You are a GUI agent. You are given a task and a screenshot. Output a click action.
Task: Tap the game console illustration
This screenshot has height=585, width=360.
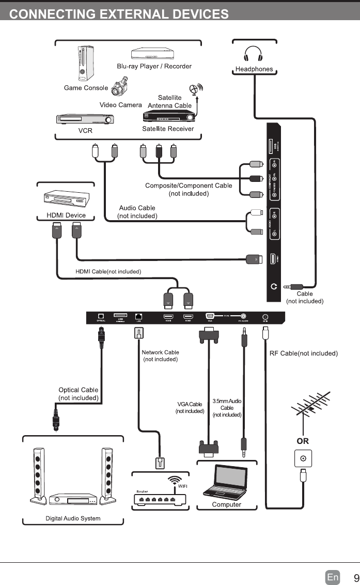(85, 63)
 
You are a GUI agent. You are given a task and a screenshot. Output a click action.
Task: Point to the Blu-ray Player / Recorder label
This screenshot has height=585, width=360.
(154, 66)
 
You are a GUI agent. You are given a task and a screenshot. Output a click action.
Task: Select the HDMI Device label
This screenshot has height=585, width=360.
(66, 215)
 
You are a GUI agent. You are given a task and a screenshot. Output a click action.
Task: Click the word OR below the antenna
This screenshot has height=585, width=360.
(303, 441)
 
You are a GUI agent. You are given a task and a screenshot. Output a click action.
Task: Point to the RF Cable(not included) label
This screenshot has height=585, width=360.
(304, 353)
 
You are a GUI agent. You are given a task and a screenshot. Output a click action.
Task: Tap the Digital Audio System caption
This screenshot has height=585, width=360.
(73, 518)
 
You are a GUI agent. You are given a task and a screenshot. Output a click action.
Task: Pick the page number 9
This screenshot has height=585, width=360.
(356, 577)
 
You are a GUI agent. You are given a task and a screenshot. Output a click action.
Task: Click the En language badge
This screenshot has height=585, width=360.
(333, 577)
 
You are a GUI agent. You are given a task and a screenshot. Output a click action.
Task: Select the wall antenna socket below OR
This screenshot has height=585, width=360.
(303, 458)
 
